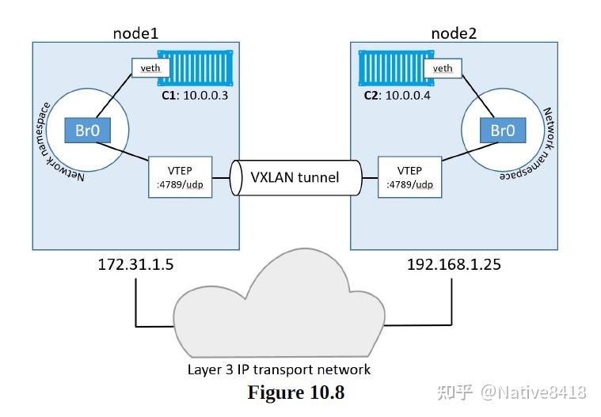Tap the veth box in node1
pos(150,68)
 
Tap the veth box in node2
pos(443,68)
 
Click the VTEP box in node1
pos(180,176)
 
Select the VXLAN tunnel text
pos(295,176)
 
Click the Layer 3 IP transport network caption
pos(279,369)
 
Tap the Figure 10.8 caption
pos(296,392)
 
